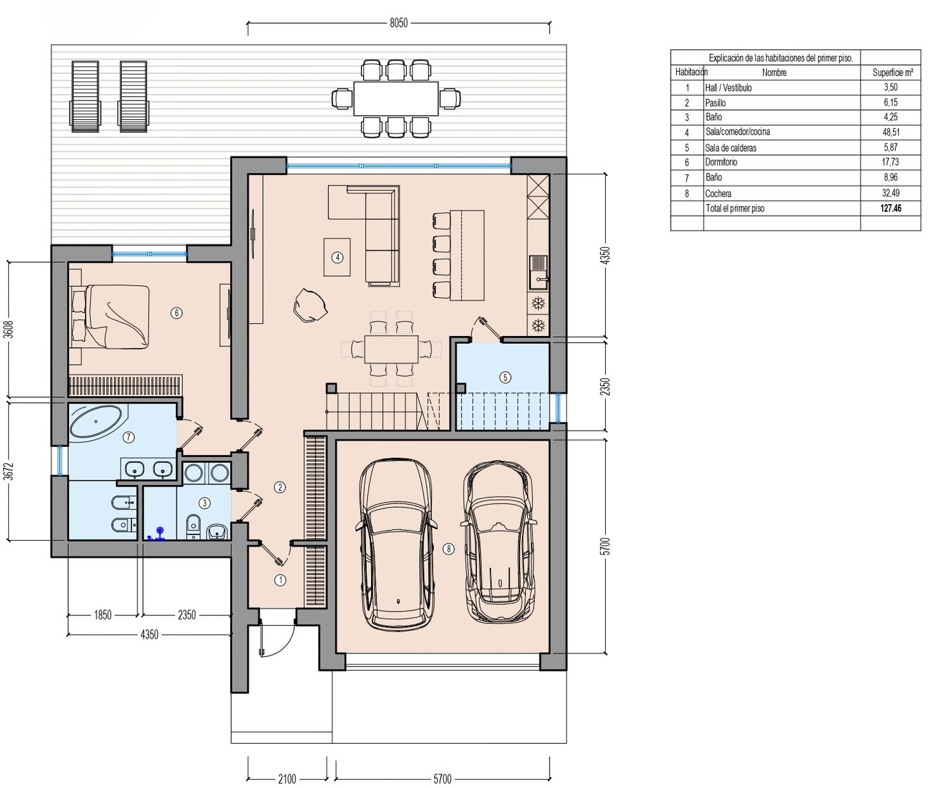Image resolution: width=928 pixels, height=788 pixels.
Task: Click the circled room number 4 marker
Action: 337,258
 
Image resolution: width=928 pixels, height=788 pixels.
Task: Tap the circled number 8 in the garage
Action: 448,549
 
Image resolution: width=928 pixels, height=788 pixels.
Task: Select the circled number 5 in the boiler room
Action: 505,377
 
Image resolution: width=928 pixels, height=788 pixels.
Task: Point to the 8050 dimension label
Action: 399,23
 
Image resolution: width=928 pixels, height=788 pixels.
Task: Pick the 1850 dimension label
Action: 103,615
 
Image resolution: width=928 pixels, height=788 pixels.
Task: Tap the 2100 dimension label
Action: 287,779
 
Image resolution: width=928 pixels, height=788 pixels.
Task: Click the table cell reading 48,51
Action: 890,132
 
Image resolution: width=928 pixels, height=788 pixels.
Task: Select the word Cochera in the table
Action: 719,194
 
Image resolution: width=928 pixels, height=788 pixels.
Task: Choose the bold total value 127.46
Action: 891,208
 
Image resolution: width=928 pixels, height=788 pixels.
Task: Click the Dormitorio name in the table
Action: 721,162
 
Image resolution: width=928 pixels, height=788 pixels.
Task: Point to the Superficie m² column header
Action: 893,73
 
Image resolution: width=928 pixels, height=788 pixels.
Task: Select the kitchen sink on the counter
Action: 538,272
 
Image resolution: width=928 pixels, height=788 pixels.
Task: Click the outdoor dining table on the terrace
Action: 396,98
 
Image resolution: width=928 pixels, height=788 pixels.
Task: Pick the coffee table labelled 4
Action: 337,258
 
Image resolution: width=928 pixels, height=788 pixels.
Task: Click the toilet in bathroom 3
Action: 193,525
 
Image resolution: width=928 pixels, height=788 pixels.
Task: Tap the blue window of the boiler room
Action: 557,408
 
